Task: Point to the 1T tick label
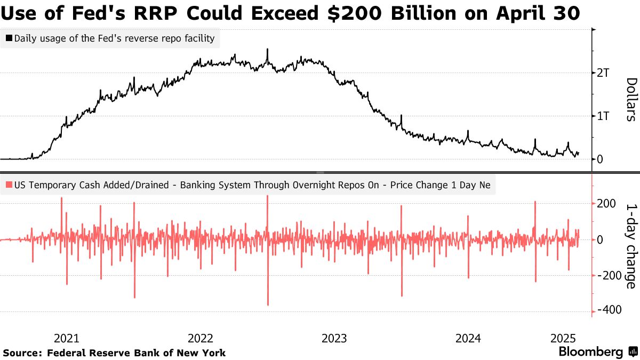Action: [x=603, y=116]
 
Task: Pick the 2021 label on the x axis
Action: [x=67, y=338]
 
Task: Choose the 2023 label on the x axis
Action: [x=334, y=338]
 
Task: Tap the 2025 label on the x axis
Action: [x=562, y=338]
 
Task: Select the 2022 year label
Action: [x=201, y=338]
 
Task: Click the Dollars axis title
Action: [x=631, y=99]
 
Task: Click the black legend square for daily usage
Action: [x=9, y=38]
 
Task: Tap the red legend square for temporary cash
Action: [x=9, y=185]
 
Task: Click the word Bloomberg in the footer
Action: [x=590, y=352]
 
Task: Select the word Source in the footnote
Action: [x=23, y=353]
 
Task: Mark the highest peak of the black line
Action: [x=267, y=49]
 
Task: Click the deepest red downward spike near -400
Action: [x=268, y=305]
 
